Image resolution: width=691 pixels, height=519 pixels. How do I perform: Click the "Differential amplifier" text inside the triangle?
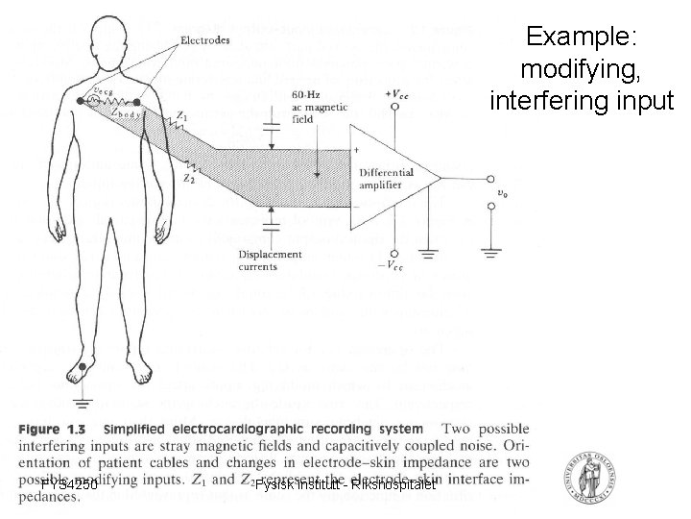pos(386,179)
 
